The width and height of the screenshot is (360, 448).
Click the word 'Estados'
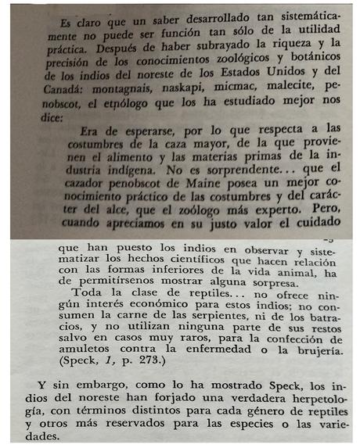click(263, 73)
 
